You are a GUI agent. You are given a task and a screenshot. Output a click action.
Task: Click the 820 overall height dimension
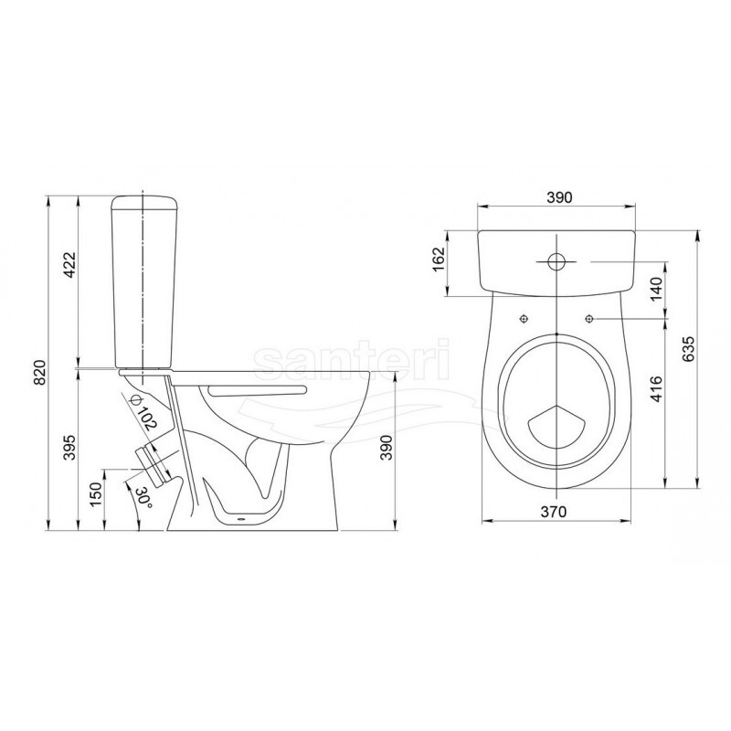pos(41,372)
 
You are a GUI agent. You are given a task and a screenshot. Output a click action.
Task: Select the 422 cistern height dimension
pos(69,264)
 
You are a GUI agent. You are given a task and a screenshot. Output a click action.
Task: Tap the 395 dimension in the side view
pos(69,447)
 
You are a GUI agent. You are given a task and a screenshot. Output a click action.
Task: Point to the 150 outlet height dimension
pos(96,494)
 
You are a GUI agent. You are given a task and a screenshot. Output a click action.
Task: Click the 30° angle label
pos(143,498)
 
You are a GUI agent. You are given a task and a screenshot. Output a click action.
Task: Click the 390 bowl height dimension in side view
pos(387,448)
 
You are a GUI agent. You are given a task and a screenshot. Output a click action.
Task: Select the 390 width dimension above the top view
pos(559,197)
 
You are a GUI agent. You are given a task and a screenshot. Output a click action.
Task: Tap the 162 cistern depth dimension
pos(440,260)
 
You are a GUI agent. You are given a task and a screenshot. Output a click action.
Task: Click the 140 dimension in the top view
pos(656,289)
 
